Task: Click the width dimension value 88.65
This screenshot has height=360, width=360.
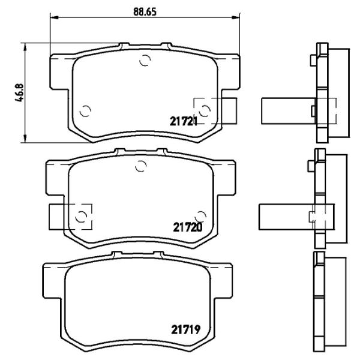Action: pyautogui.click(x=142, y=11)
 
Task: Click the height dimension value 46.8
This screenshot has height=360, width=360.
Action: pyautogui.click(x=19, y=94)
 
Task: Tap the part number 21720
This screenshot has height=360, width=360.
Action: pyautogui.click(x=187, y=227)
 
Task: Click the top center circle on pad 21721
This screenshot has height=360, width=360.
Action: pyautogui.click(x=144, y=59)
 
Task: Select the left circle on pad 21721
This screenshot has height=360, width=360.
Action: pyautogui.click(x=85, y=110)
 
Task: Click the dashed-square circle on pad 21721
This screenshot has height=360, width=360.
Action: pyautogui.click(x=205, y=110)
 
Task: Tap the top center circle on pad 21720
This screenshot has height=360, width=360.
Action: pyautogui.click(x=140, y=166)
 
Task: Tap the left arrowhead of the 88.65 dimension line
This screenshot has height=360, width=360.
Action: pyautogui.click(x=51, y=19)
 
